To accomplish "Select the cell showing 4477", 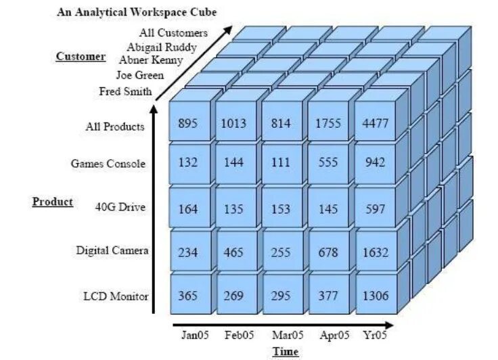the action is coord(375,123).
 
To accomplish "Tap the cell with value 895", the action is coord(188,123).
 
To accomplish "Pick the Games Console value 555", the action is coord(328,162).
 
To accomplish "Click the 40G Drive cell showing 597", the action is coord(375,209).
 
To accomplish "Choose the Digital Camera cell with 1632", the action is coord(375,252).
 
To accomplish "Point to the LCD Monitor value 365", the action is coord(188,296).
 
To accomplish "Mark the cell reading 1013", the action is coord(233,123).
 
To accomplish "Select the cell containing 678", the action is coord(328,252).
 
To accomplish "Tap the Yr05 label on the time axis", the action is coord(374,335).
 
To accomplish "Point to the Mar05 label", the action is coord(286,335).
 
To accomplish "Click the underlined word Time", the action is coord(285,351).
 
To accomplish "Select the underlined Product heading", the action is coord(53,202).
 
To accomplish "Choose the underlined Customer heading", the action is coord(81,57).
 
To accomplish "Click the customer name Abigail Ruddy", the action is coord(162,47).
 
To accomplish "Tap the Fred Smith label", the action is coord(125,91).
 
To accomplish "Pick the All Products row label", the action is coord(115,127).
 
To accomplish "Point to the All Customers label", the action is coord(174,32).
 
